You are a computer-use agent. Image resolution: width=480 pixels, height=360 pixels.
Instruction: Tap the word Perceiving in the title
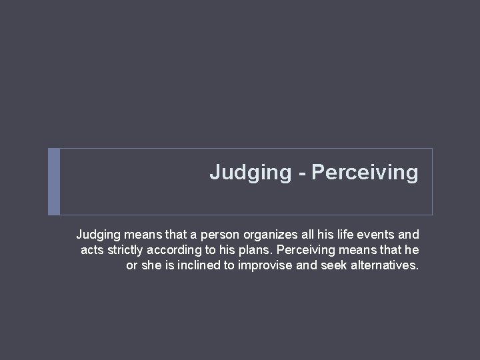[x=365, y=173]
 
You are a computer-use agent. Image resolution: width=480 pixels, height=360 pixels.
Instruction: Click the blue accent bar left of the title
[x=54, y=181]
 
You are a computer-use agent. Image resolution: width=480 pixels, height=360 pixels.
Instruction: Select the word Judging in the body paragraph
[x=97, y=235]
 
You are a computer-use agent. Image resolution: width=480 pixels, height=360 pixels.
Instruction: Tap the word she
[x=149, y=266]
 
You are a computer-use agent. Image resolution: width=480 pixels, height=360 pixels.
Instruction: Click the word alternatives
[x=380, y=266]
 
